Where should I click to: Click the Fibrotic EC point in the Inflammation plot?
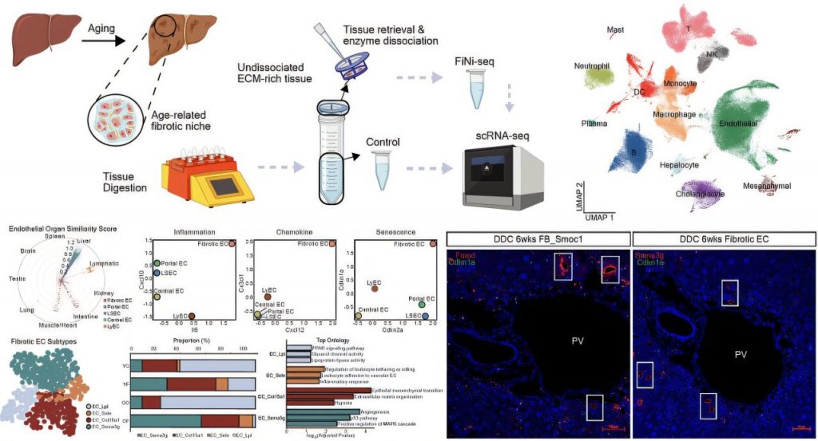232,244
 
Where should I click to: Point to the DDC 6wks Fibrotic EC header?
724,238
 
